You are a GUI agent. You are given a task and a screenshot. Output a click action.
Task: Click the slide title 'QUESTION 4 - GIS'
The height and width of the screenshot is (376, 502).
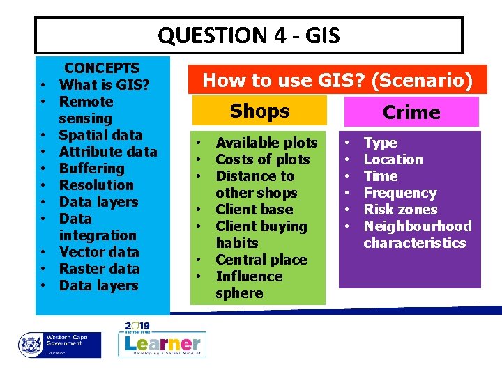(x=249, y=35)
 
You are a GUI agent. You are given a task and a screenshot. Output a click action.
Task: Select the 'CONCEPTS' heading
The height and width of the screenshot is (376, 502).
(x=102, y=68)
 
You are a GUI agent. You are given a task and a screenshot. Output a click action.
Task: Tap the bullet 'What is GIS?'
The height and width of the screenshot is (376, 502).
(x=105, y=85)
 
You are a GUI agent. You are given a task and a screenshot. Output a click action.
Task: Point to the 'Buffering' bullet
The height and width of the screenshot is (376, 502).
(x=91, y=169)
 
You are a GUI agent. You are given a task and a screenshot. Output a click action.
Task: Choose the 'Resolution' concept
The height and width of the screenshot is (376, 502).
(x=96, y=185)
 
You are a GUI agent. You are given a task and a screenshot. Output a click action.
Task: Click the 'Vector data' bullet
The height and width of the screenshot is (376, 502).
(x=99, y=252)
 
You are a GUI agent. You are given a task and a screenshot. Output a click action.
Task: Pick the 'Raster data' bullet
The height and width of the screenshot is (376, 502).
(x=99, y=269)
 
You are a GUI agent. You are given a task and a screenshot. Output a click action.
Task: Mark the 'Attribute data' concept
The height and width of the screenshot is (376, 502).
(x=108, y=152)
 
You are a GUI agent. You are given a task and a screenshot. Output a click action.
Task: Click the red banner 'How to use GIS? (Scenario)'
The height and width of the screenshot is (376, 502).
(x=337, y=81)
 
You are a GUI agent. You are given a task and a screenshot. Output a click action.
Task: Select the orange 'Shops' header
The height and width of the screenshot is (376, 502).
(x=259, y=111)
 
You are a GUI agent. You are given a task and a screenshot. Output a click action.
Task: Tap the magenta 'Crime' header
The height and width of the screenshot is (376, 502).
(x=411, y=112)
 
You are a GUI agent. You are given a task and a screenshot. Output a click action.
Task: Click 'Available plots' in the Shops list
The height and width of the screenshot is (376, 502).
(x=266, y=143)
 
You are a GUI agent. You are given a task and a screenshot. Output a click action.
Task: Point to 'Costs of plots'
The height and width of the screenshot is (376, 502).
(x=263, y=159)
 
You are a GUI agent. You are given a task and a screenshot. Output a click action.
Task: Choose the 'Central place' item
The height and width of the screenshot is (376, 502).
(x=261, y=260)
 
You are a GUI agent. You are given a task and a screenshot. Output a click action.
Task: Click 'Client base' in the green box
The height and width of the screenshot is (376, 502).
(x=254, y=210)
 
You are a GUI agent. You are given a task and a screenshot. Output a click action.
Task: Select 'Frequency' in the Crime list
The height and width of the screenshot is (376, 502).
(x=400, y=193)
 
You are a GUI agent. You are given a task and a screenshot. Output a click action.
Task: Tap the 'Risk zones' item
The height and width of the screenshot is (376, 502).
(x=400, y=210)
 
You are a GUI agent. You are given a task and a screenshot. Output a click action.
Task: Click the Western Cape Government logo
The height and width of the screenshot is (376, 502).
(x=60, y=345)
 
